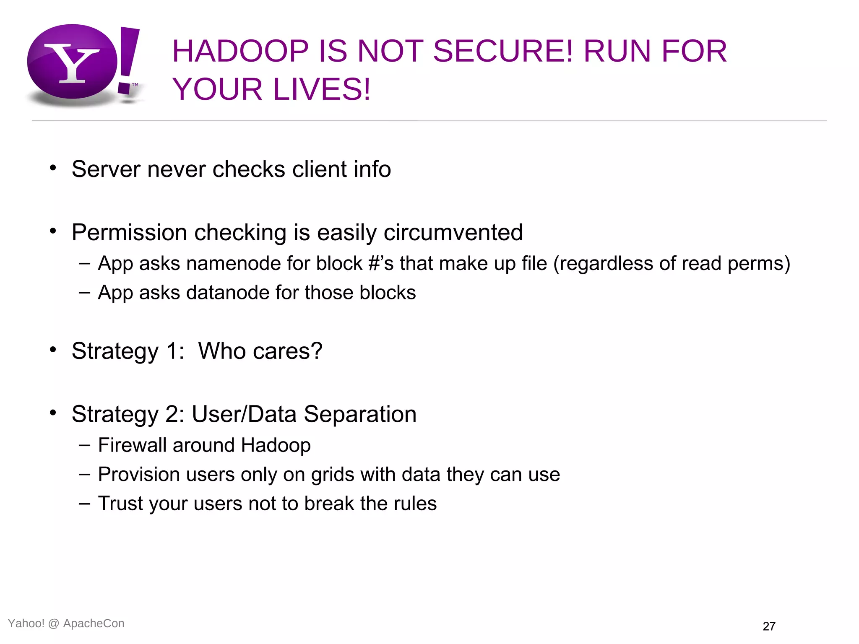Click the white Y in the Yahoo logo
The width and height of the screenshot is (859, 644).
72,63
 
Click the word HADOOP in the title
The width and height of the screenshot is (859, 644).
240,51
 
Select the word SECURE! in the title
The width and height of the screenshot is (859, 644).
502,51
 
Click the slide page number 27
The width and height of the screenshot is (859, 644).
769,626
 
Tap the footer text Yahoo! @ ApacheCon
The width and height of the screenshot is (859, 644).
66,623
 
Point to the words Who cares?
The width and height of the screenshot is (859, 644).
260,351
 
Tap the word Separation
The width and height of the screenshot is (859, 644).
360,414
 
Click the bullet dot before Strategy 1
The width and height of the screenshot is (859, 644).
53,349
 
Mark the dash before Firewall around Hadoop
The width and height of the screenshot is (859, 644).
84,445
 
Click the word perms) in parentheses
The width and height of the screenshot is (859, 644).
758,264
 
